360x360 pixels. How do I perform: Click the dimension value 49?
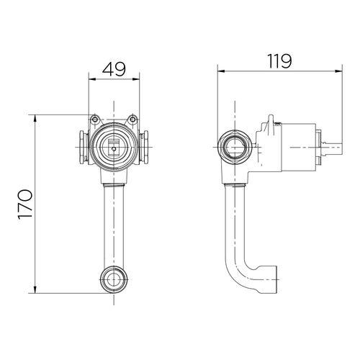coord(114,69)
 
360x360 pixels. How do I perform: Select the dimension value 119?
coord(279,61)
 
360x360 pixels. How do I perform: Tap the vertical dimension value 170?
coord(25,204)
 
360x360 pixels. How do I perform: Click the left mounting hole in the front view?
coord(95,119)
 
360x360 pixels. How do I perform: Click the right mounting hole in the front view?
coord(132,119)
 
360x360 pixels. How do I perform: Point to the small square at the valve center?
coord(114,149)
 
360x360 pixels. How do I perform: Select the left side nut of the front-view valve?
coord(82,147)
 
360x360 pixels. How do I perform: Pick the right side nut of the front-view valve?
coord(145,147)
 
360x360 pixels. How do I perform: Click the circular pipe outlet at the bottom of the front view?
coord(114,279)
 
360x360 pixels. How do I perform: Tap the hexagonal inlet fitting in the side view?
coord(235,147)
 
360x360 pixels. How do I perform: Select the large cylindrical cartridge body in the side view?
coord(298,148)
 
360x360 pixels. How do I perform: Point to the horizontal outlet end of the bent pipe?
coord(268,279)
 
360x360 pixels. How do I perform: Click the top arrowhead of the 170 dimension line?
coord(35,118)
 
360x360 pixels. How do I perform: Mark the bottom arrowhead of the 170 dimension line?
coord(35,289)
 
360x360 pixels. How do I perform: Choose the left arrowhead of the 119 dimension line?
coord(221,71)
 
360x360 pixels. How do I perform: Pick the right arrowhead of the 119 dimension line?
coord(338,71)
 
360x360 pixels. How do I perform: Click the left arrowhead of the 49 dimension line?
coord(92,78)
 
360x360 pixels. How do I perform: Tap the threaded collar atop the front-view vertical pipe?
coord(114,185)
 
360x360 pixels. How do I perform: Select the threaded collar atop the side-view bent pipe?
coord(235,185)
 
